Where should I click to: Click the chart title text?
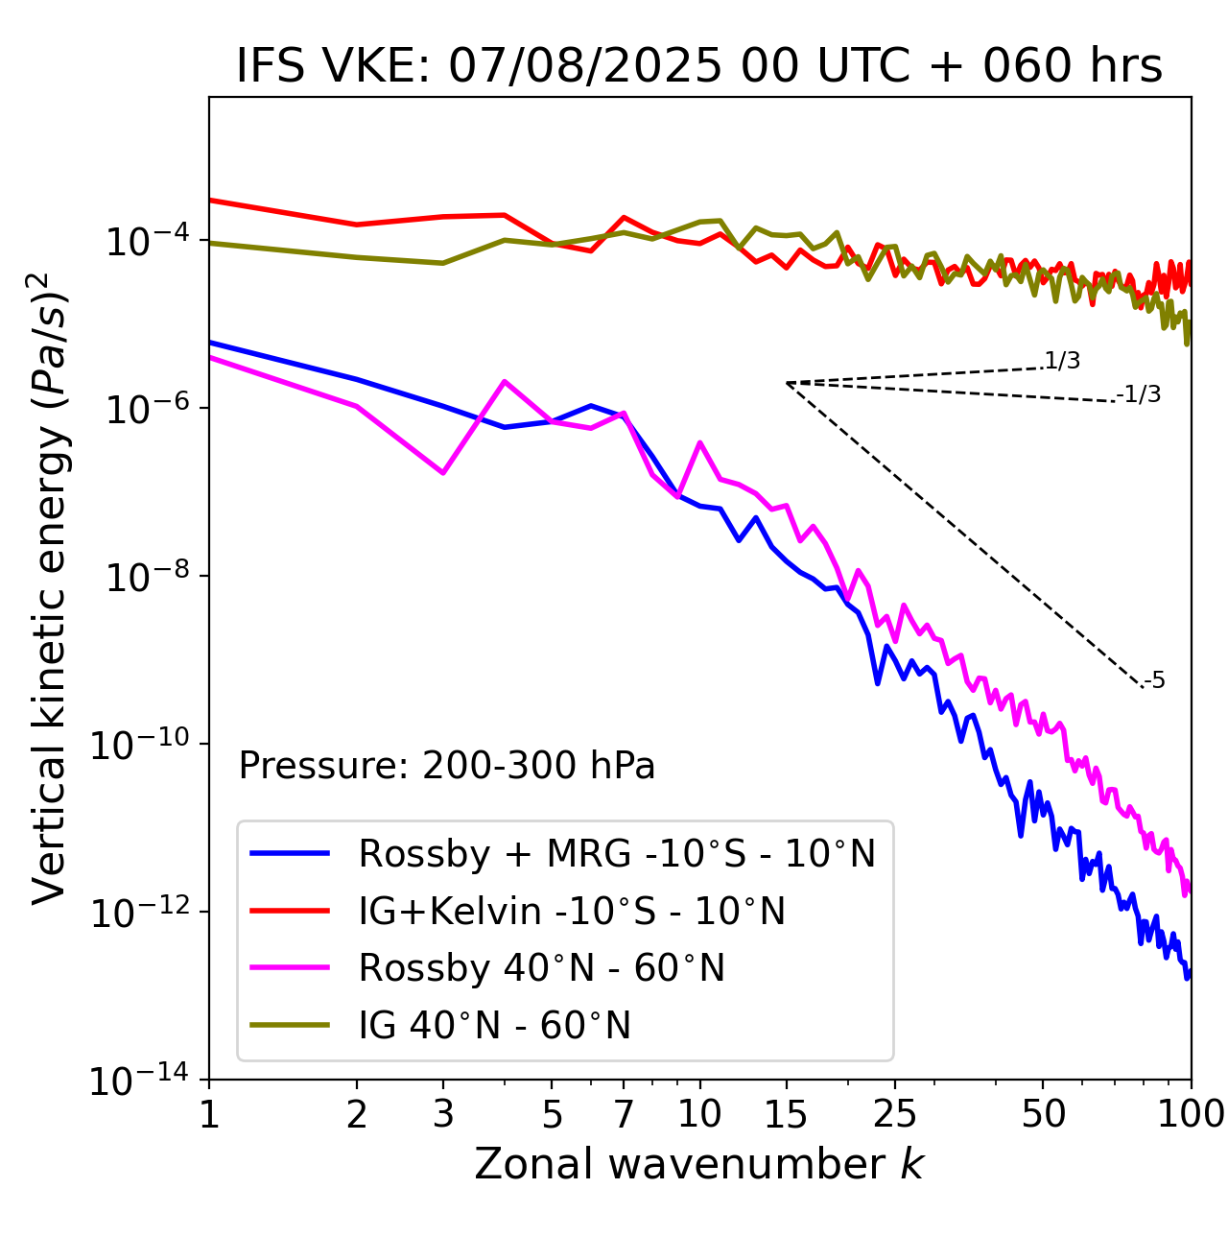699,66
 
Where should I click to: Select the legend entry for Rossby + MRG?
616,853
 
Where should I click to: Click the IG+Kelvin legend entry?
572,911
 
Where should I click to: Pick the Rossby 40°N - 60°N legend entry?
541,968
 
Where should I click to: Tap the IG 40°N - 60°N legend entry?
494,1026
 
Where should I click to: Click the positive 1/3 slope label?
1062,361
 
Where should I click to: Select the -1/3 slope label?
1139,394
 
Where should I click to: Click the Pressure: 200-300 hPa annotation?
446,766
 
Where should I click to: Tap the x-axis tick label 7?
624,1114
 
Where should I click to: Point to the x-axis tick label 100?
1191,1114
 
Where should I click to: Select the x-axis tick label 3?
443,1114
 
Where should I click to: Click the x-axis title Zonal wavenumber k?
699,1164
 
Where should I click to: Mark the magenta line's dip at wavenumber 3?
443,473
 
